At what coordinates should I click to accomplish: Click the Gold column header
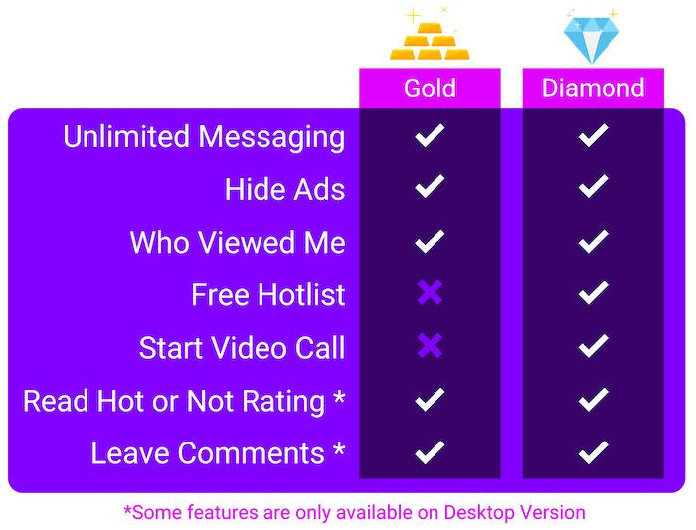(430, 88)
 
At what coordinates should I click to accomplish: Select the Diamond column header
(593, 88)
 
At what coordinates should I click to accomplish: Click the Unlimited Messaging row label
(204, 137)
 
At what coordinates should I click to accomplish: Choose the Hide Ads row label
(284, 190)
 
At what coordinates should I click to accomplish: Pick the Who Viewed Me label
(238, 243)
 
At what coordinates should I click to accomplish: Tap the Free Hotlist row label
(268, 294)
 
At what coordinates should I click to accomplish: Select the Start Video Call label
(242, 348)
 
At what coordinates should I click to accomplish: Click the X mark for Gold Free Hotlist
(430, 292)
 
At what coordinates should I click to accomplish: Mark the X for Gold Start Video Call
(430, 345)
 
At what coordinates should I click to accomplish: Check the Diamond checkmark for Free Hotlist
(593, 293)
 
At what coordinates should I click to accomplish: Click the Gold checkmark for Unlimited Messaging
(430, 135)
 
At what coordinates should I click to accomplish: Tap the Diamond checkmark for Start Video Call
(593, 346)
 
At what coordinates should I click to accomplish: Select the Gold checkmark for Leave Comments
(430, 452)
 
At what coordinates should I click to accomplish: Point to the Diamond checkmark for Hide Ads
(593, 186)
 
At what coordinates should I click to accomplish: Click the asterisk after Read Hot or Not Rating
(339, 396)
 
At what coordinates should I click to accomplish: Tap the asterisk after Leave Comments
(339, 448)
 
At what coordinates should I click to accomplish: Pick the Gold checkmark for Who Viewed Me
(430, 241)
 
